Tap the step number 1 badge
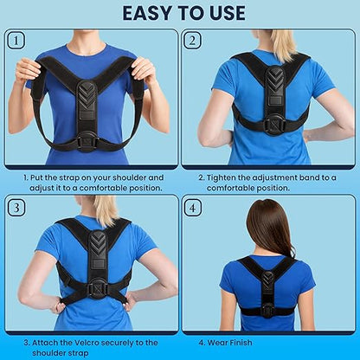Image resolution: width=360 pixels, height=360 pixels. pos(16,40)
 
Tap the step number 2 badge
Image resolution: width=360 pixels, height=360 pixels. pos(192,40)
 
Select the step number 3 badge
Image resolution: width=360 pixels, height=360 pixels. pos(16,208)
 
